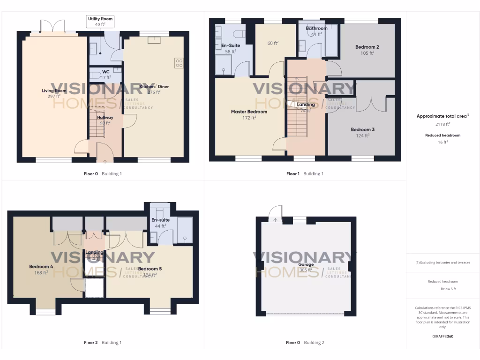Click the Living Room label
54,90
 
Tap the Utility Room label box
100,18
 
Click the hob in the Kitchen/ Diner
179,63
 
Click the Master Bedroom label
249,112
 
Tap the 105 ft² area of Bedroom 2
367,53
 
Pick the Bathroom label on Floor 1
316,28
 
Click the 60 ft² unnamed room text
273,43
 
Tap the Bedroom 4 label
41,266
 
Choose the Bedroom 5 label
150,269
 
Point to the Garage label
306,264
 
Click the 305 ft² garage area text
306,270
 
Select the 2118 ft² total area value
440,124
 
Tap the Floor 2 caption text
90,343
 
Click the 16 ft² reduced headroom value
440,142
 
